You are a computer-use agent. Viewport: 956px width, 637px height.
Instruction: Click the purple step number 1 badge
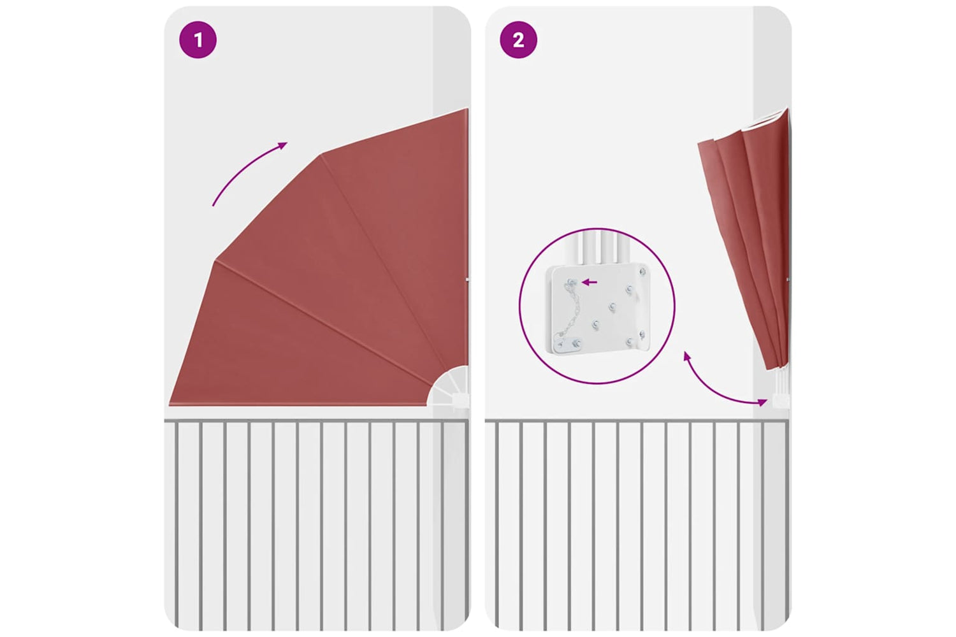click(x=198, y=39)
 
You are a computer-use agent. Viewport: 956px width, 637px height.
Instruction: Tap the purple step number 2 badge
click(x=518, y=39)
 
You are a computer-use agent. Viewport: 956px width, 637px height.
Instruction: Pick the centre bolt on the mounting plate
click(x=612, y=306)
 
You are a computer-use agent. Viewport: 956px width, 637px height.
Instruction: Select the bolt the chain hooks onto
click(x=572, y=282)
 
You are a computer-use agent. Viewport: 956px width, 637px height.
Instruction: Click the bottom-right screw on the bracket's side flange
click(x=642, y=334)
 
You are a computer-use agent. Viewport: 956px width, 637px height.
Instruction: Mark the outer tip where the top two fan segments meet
click(x=321, y=154)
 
